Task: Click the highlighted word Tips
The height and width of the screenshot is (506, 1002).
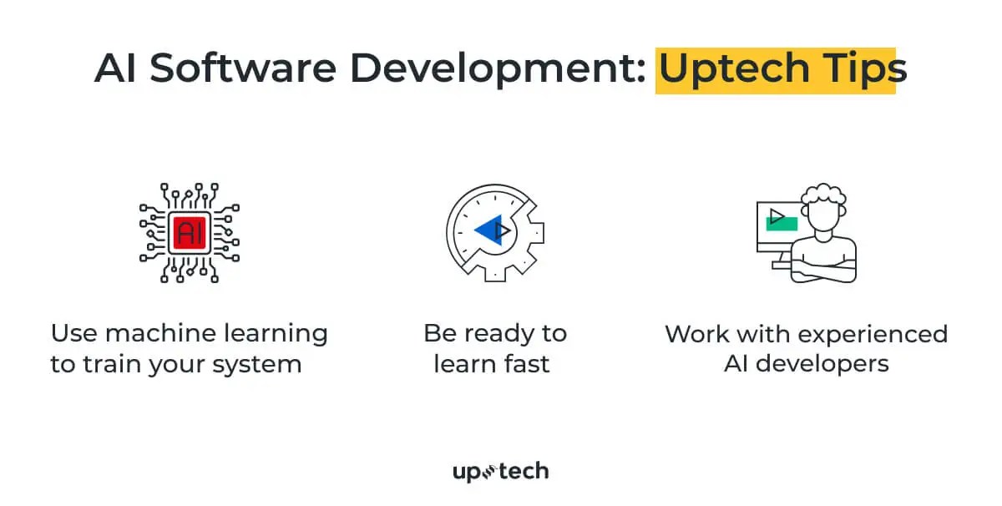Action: click(859, 68)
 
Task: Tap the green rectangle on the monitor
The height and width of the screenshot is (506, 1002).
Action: click(782, 222)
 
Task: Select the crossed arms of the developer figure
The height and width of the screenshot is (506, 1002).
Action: click(823, 269)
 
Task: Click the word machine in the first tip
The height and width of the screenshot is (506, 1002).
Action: click(170, 333)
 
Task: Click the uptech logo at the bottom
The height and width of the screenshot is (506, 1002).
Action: click(500, 472)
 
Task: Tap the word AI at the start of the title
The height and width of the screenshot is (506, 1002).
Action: click(115, 68)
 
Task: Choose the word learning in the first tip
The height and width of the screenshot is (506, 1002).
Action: click(277, 333)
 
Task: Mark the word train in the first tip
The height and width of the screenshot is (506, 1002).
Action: click(109, 364)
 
